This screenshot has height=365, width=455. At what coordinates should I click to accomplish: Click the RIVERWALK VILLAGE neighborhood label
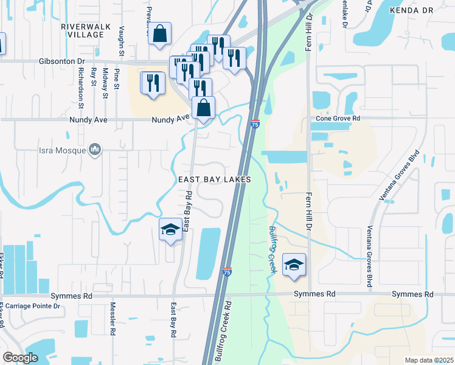pos(82,30)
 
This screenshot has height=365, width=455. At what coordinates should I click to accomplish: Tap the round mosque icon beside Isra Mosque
pos(94,150)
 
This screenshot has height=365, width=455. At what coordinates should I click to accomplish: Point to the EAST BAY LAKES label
pos(214,180)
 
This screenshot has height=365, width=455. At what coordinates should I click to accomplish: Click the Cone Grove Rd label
pos(339,118)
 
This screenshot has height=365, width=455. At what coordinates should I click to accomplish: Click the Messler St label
pos(113,319)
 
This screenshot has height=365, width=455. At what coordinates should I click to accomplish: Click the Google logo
pos(21,357)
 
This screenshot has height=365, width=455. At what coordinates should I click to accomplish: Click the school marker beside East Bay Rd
pos(170,229)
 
